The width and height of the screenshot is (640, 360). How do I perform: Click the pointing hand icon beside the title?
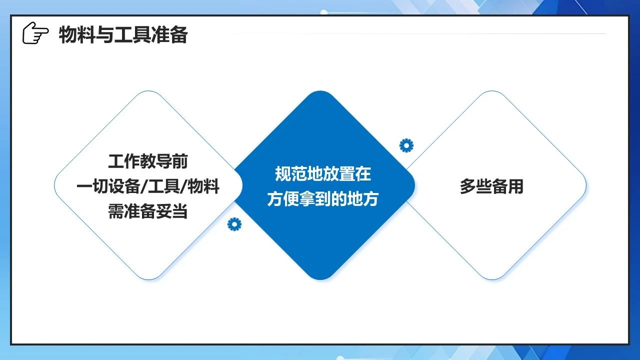(35, 33)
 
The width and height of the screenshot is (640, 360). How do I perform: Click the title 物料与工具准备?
(123, 34)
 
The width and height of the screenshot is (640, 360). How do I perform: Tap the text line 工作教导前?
(148, 161)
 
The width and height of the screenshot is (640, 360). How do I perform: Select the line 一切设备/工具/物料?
(148, 186)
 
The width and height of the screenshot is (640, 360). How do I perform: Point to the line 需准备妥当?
(148, 211)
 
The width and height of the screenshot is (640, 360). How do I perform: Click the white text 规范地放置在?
(323, 174)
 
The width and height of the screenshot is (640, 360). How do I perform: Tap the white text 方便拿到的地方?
(323, 199)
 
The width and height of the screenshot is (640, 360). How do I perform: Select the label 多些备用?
(491, 186)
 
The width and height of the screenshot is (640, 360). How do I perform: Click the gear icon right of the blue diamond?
(406, 145)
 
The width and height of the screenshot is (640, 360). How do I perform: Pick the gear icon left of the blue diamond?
(234, 224)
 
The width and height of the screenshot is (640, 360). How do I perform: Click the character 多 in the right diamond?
(467, 186)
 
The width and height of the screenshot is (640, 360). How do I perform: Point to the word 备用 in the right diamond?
(507, 186)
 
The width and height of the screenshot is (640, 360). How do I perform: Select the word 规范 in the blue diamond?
(291, 174)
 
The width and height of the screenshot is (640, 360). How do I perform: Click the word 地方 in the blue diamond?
(363, 199)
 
